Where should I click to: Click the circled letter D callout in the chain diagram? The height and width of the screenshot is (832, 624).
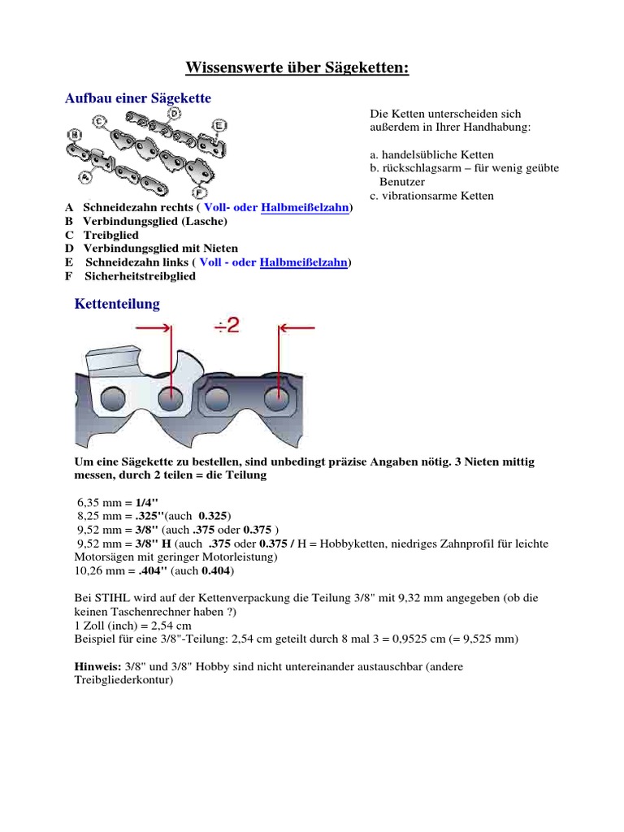[173, 114]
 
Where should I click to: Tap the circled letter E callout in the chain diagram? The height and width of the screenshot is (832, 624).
[219, 124]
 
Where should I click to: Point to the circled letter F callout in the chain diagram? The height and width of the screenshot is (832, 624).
[200, 193]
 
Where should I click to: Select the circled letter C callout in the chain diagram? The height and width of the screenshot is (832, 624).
[99, 122]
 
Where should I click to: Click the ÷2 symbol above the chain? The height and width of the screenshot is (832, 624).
[226, 327]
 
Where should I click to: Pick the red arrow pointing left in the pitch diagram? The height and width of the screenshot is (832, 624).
[297, 327]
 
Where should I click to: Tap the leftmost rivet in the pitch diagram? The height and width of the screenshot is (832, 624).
[110, 399]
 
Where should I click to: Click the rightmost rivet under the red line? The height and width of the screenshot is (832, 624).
[278, 399]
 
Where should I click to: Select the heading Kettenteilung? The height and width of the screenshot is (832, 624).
[117, 304]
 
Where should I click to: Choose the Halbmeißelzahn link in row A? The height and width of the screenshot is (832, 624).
[305, 207]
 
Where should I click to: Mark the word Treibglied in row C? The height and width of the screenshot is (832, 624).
[111, 235]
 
